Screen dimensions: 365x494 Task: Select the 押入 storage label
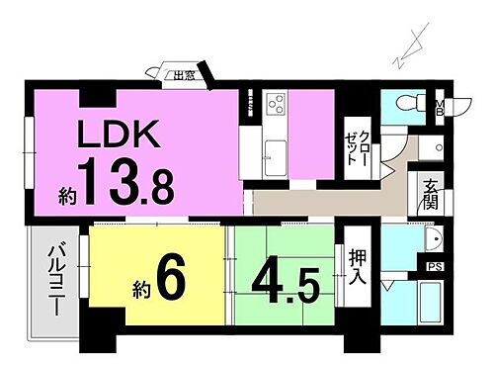[x=359, y=265]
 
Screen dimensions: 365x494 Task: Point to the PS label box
[x=434, y=266]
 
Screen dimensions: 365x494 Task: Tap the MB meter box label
[x=442, y=106]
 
